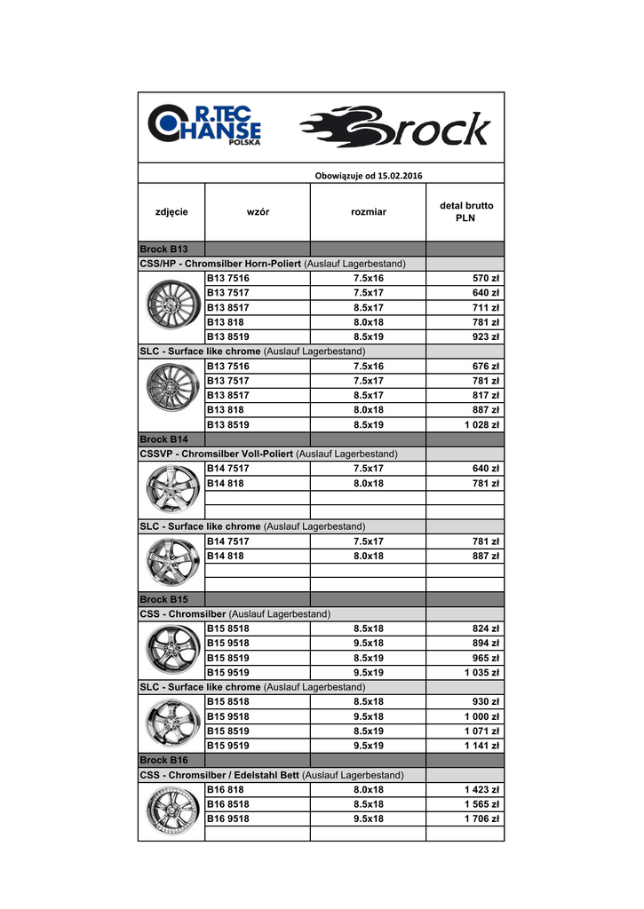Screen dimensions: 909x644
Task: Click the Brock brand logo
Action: pos(395,128)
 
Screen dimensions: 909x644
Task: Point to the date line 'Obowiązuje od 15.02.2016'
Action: pos(369,175)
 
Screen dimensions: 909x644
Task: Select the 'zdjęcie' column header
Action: pos(171,211)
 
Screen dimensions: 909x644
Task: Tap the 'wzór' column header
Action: pos(258,211)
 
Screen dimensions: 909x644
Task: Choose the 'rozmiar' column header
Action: pos(369,211)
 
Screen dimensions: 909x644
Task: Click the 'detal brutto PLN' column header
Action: pos(466,211)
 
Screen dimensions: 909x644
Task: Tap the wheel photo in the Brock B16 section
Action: pos(171,810)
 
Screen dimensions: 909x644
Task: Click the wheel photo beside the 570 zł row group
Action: pos(171,307)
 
